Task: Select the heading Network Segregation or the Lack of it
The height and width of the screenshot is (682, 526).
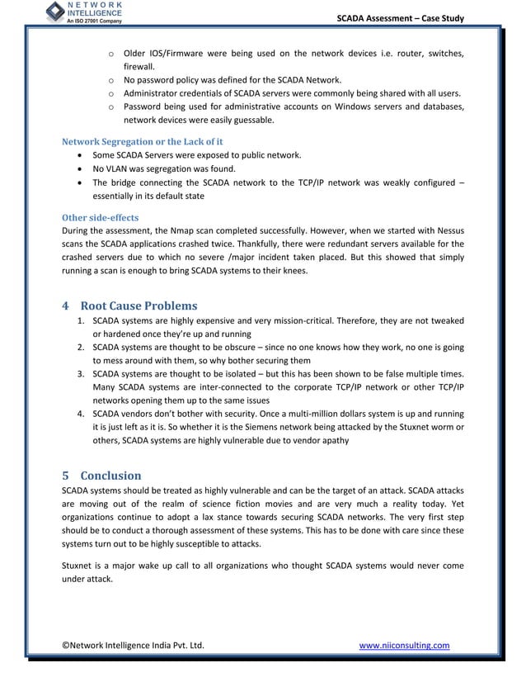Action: click(x=143, y=141)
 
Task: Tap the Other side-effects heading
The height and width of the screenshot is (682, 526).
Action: click(x=101, y=218)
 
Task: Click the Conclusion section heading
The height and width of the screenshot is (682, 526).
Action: click(x=110, y=476)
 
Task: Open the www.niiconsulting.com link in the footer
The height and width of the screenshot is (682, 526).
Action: click(x=404, y=645)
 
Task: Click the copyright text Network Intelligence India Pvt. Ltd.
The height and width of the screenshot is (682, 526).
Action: click(x=133, y=645)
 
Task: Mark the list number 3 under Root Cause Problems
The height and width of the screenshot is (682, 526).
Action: click(x=80, y=373)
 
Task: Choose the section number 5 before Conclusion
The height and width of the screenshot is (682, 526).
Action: click(x=66, y=476)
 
